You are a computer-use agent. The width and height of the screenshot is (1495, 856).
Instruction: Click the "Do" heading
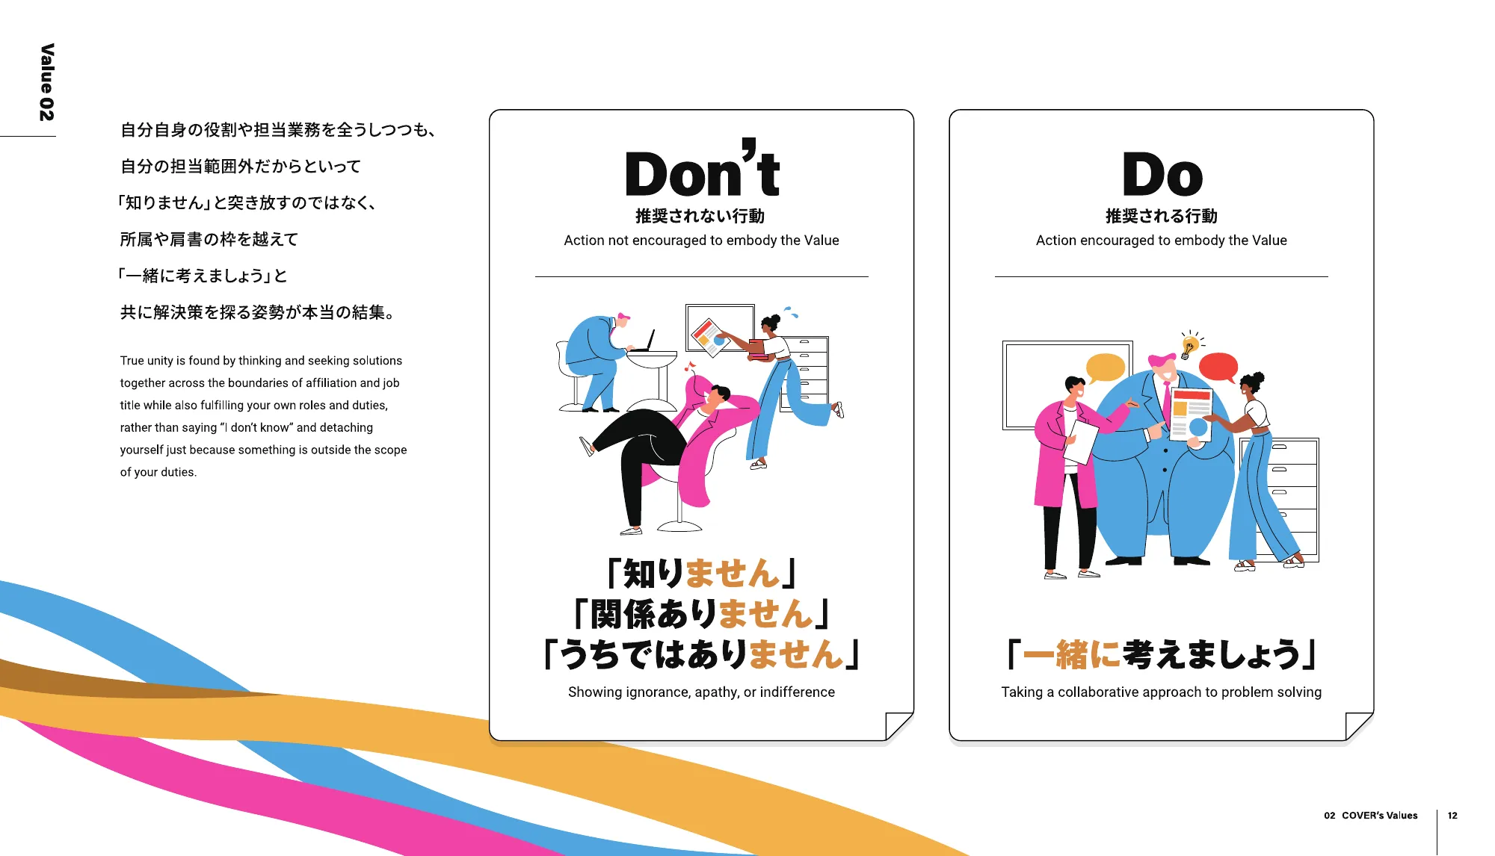tap(1162, 174)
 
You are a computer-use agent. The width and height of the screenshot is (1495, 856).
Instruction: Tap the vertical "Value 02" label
tap(46, 82)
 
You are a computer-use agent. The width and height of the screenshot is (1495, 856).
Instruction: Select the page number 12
tap(1452, 816)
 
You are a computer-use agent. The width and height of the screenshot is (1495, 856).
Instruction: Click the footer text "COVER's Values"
tap(1380, 816)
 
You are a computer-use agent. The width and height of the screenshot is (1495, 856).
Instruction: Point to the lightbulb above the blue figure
tap(1190, 345)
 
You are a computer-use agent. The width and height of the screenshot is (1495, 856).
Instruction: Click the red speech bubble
tap(1218, 366)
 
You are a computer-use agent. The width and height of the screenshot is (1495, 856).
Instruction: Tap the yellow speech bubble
tap(1105, 367)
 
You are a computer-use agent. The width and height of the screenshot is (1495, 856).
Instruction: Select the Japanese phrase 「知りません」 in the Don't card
tap(701, 574)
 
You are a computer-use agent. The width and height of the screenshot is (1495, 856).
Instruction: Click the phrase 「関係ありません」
tap(701, 614)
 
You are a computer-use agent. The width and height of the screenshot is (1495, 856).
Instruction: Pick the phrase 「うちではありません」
tap(701, 654)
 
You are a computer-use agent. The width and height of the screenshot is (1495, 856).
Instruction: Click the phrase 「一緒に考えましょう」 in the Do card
tap(1162, 654)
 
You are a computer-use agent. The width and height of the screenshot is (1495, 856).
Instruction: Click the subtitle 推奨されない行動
tap(700, 216)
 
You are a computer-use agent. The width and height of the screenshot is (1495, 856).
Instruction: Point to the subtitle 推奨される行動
tap(1162, 216)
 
